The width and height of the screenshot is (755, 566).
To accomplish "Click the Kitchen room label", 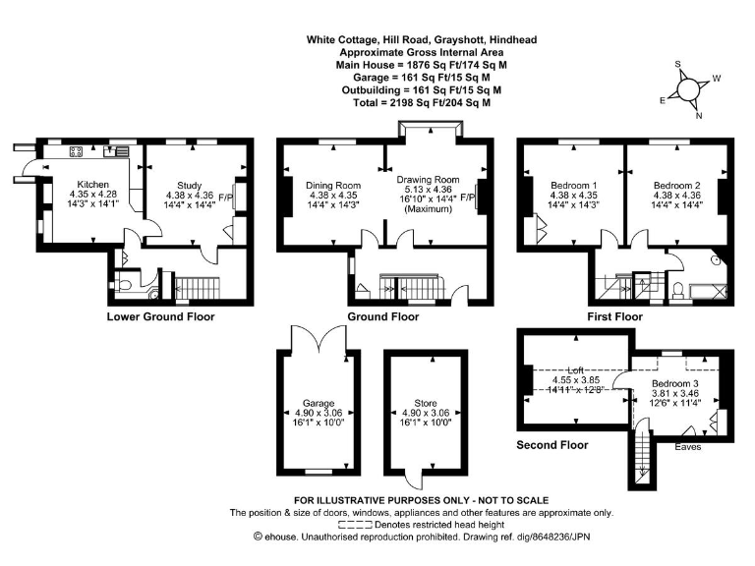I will [93, 184].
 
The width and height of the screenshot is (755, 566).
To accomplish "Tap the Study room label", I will [189, 185].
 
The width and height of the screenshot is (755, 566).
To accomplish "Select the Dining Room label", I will [332, 185].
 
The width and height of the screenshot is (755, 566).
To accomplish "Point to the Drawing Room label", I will [428, 180].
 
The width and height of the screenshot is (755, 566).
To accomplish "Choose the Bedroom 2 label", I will [676, 185].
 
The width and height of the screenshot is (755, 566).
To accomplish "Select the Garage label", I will [317, 403].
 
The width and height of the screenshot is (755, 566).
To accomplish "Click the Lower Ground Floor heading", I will [160, 316].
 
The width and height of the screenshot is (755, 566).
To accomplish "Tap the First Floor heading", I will [614, 316].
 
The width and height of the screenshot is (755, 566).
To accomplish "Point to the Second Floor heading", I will [552, 444].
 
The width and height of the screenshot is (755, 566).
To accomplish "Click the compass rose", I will [693, 87].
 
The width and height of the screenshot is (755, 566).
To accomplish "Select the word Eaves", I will [687, 446].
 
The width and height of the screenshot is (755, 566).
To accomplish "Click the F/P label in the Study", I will [225, 196].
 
